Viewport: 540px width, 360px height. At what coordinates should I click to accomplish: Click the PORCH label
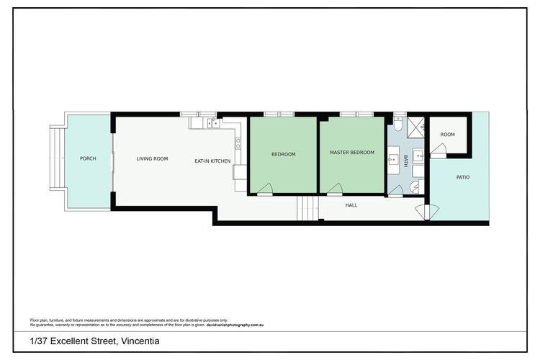(x=88, y=158)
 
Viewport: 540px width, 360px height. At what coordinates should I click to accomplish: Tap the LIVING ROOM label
(x=152, y=159)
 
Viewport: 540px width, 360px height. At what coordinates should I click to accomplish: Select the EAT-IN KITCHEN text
(x=212, y=161)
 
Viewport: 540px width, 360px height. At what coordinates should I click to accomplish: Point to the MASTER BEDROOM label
(x=352, y=152)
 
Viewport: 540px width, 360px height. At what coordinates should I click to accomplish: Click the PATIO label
(x=463, y=177)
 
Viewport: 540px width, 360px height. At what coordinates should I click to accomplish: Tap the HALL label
(x=351, y=205)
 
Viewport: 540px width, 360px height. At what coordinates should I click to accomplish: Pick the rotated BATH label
(x=405, y=161)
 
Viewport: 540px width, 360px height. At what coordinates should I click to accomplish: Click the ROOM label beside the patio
(x=447, y=135)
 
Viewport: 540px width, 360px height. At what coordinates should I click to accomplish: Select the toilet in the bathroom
(x=397, y=124)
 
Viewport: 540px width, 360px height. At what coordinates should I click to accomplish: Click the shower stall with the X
(x=416, y=127)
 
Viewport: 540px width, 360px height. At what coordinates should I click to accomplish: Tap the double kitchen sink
(x=213, y=123)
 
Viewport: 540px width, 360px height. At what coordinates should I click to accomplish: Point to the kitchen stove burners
(x=238, y=144)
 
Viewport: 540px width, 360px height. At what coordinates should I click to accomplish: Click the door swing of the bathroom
(x=396, y=191)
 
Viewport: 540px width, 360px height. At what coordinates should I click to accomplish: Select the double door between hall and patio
(x=427, y=212)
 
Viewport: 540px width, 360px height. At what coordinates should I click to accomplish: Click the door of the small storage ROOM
(x=438, y=150)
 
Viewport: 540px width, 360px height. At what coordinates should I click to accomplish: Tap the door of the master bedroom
(x=334, y=189)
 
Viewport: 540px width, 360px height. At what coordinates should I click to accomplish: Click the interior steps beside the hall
(x=308, y=208)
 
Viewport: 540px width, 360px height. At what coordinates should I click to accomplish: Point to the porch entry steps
(x=58, y=158)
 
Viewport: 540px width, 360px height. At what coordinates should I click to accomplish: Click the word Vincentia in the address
(x=140, y=341)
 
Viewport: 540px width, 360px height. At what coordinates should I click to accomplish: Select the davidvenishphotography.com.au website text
(x=235, y=325)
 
